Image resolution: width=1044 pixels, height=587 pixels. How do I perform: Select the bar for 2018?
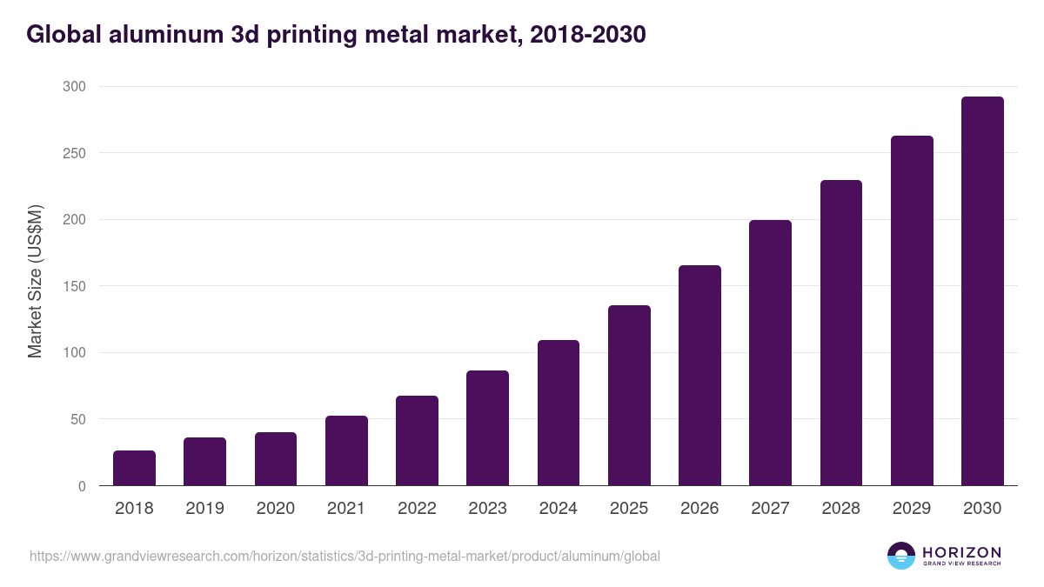[134, 468]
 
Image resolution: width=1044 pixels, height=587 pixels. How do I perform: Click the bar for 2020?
[276, 459]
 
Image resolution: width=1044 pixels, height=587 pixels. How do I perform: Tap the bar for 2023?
[487, 428]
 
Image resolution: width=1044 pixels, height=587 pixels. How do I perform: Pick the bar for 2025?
[629, 396]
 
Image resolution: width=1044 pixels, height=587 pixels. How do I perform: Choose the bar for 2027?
[770, 353]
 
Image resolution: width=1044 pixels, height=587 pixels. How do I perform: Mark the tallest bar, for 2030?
[982, 291]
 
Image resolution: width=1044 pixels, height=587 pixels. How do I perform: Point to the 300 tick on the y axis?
[74, 86]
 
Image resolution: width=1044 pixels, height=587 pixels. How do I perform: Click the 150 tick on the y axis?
[74, 286]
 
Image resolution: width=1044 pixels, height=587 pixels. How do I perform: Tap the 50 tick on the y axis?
[77, 419]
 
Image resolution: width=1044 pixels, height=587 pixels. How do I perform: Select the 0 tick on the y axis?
[82, 486]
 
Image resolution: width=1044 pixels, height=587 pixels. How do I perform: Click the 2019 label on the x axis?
[204, 509]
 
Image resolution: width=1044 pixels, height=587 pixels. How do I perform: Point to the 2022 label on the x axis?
[417, 509]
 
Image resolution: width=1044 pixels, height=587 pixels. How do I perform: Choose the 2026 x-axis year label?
[699, 509]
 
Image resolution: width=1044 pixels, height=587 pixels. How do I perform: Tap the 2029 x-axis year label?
[912, 509]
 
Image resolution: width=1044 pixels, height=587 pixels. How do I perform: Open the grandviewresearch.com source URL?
[345, 556]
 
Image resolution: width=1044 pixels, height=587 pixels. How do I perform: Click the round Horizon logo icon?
[901, 556]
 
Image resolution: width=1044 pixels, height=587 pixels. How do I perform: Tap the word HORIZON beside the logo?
[961, 551]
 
